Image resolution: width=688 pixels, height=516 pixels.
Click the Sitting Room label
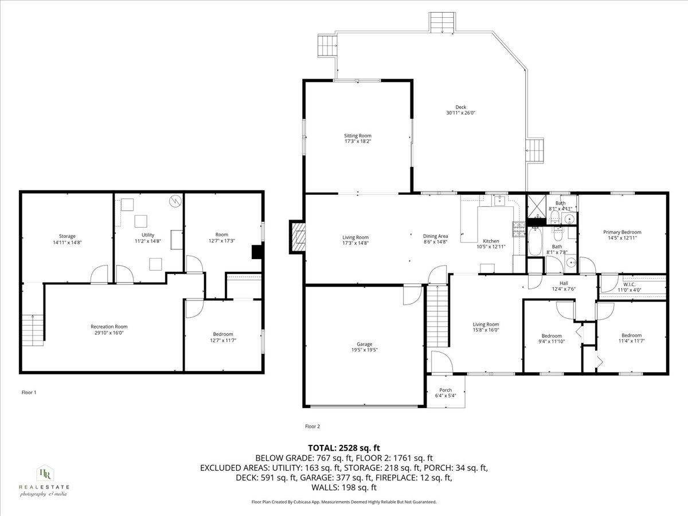pyautogui.click(x=357, y=136)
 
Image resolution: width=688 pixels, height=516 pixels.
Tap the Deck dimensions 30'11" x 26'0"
pyautogui.click(x=460, y=113)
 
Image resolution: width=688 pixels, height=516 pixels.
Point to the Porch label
pyautogui.click(x=445, y=390)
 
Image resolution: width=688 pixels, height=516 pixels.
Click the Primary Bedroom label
pyautogui.click(x=622, y=232)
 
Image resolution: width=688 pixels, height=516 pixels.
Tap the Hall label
pyautogui.click(x=564, y=283)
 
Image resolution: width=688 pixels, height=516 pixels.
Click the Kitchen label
pyautogui.click(x=491, y=241)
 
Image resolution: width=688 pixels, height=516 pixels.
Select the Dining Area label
pyautogui.click(x=435, y=236)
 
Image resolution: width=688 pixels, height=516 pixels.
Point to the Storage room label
pyautogui.click(x=67, y=236)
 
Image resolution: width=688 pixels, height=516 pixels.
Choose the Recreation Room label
pyautogui.click(x=108, y=326)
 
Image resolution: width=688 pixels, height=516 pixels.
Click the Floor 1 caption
pyautogui.click(x=29, y=393)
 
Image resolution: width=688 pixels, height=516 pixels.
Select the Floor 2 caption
pyautogui.click(x=312, y=426)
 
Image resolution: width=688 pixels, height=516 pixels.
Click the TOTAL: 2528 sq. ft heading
pyautogui.click(x=344, y=448)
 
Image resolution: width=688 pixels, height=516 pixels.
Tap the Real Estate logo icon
pyautogui.click(x=44, y=473)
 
